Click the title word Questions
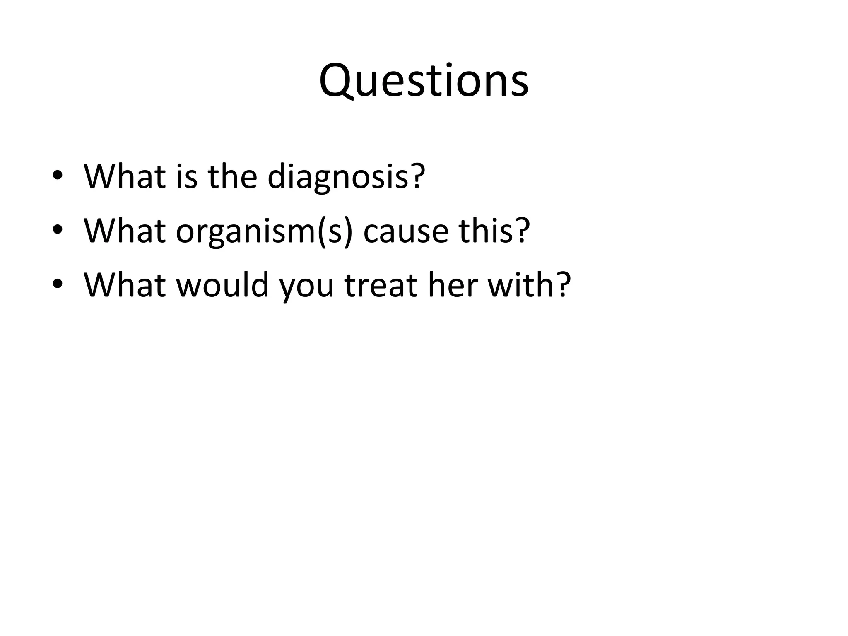click(424, 80)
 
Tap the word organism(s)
click(264, 231)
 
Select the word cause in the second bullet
click(406, 231)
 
